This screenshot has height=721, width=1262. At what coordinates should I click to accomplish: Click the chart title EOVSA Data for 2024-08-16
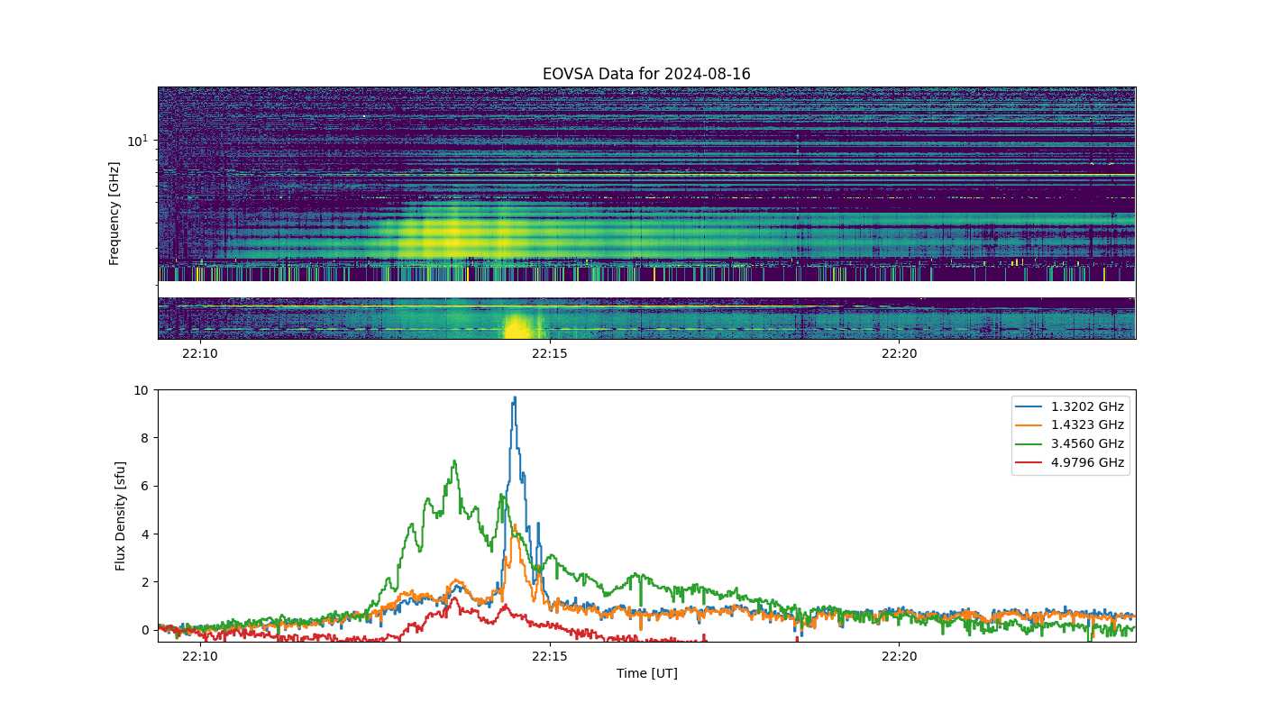[x=646, y=74]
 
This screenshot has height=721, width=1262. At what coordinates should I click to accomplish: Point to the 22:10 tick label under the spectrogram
[x=200, y=353]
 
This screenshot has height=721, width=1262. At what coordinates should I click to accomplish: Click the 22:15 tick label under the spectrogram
[x=550, y=353]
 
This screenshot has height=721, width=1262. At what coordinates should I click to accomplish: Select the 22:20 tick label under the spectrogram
[x=900, y=353]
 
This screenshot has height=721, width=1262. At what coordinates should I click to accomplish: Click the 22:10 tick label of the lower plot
[x=200, y=656]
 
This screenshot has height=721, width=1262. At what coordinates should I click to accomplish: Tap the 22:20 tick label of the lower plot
[x=900, y=656]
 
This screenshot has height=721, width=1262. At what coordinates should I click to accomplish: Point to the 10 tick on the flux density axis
[x=141, y=390]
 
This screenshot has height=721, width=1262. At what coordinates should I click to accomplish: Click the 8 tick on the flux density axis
[x=145, y=438]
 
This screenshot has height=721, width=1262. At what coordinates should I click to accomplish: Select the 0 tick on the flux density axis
[x=145, y=630]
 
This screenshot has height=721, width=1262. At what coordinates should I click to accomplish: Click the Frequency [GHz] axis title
[x=114, y=214]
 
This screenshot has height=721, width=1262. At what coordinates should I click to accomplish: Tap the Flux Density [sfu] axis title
[x=120, y=516]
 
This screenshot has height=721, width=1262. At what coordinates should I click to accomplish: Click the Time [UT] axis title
[x=647, y=673]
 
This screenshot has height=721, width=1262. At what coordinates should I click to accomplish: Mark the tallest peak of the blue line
[x=515, y=397]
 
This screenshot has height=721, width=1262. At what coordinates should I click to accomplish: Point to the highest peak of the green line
[x=454, y=461]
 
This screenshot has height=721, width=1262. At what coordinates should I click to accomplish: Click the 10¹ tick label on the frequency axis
[x=137, y=141]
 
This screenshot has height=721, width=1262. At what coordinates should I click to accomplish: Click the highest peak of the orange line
[x=515, y=525]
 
